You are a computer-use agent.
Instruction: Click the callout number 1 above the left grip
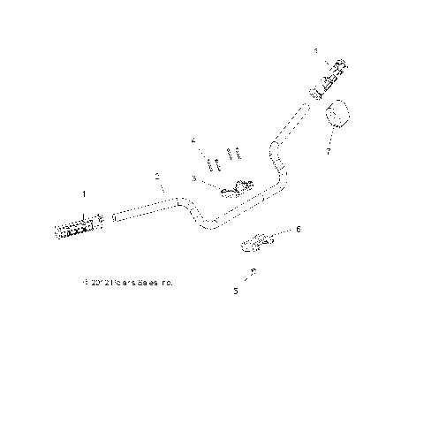(x=85, y=193)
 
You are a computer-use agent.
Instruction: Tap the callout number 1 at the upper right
(x=315, y=52)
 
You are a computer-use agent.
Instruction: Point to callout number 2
(x=157, y=177)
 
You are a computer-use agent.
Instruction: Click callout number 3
(x=193, y=178)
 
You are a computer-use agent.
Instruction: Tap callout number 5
(x=235, y=290)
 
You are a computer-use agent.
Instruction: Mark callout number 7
(x=329, y=151)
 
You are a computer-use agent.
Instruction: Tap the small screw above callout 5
(x=253, y=271)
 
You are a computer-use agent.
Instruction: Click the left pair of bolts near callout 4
(x=213, y=164)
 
